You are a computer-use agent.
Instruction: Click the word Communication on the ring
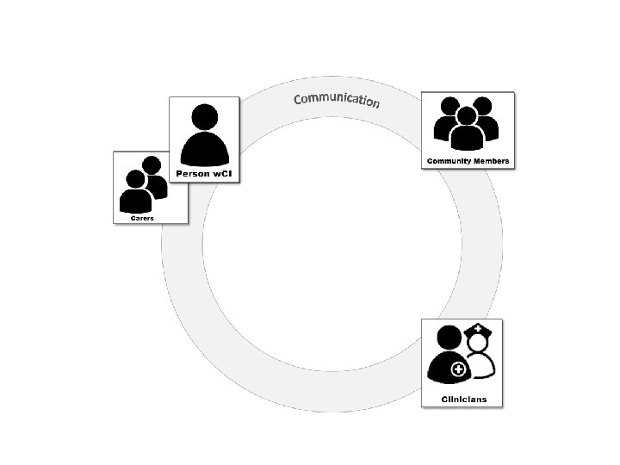coord(336,99)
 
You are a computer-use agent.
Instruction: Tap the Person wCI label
coord(204,174)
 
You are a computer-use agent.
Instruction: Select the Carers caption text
coord(142,219)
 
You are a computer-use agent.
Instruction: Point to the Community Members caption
coord(468,161)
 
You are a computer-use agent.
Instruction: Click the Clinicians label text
coord(463,399)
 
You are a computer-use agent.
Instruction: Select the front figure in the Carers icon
coord(135,194)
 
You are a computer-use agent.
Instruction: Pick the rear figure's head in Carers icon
coord(152,165)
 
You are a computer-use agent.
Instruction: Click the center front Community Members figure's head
coord(467,115)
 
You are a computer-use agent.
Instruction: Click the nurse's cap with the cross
coord(478,330)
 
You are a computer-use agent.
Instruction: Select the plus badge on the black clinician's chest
coord(457,369)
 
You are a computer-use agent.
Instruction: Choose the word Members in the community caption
coord(490,161)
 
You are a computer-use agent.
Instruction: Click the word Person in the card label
coord(192,174)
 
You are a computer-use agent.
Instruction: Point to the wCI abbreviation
coord(220,174)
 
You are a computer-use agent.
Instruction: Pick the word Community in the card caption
coord(449,161)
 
